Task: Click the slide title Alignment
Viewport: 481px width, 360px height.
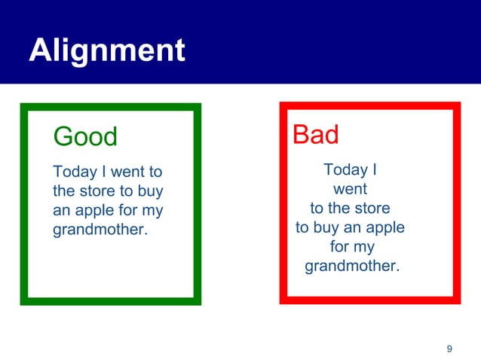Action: coord(106,50)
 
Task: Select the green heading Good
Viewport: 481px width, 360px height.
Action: coord(85,137)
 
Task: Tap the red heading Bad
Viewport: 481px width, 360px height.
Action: coord(315,136)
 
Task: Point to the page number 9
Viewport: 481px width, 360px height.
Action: coord(449,348)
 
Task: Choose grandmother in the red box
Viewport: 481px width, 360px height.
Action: coord(351,266)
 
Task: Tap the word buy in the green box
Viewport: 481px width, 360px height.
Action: coord(149,191)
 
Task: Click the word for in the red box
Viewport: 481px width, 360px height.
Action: coord(340,246)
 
